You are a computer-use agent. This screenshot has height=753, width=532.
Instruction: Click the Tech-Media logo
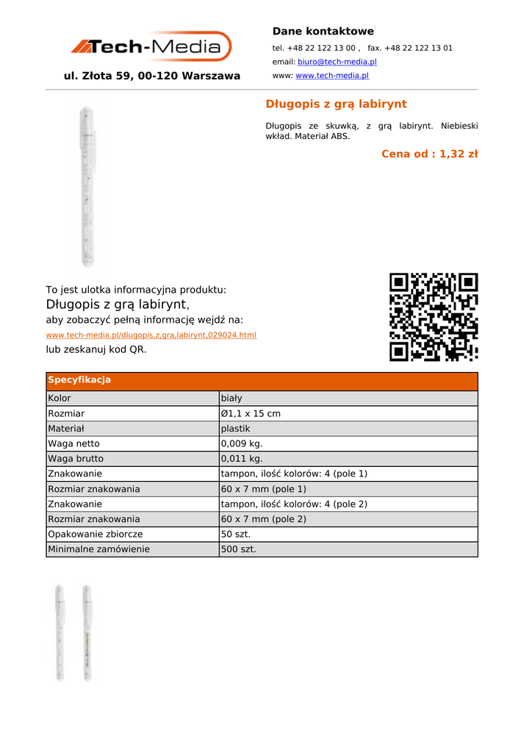151,47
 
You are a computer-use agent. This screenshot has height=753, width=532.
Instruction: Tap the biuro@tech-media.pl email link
337,62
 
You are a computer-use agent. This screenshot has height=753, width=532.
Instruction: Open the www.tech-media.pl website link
332,76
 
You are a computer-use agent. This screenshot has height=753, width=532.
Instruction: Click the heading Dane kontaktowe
323,32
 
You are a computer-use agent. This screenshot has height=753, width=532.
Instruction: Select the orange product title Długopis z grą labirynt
336,104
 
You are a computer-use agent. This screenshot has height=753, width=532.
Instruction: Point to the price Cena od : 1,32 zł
429,154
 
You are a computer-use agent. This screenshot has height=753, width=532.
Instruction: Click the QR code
434,317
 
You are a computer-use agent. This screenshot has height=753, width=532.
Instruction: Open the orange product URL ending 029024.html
151,335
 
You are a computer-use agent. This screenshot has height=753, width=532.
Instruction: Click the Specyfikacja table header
79,380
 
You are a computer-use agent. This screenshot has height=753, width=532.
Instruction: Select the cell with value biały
231,398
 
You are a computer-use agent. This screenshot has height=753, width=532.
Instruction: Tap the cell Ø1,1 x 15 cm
251,413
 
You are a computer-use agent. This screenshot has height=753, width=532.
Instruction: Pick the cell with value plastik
236,429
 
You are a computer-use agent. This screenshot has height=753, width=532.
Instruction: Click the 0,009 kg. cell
242,444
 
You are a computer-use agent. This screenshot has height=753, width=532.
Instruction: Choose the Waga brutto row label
76,459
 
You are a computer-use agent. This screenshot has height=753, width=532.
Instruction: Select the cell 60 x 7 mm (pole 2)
263,519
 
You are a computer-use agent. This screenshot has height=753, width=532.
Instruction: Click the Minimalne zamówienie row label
98,549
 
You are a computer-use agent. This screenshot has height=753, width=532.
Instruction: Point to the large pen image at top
87,188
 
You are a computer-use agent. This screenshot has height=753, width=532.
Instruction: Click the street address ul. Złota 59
152,76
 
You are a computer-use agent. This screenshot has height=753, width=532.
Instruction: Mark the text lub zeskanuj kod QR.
96,350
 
